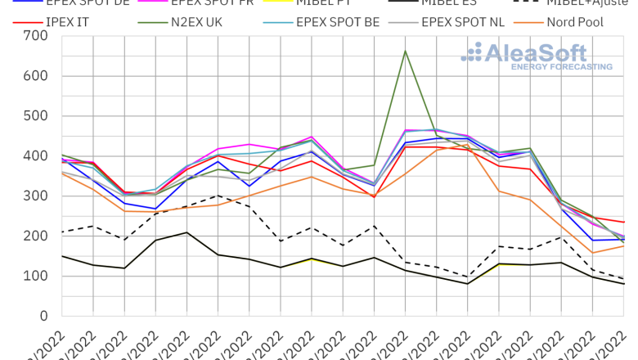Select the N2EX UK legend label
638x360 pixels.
point(199,22)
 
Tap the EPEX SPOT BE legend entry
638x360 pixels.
point(337,22)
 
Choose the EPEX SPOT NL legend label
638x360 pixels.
point(462,22)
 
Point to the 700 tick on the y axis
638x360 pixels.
point(35,36)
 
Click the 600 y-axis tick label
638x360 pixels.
point(35,76)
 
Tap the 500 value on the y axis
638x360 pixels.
point(35,116)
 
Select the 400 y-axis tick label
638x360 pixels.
point(35,156)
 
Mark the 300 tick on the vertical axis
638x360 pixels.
point(35,196)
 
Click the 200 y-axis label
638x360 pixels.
point(35,236)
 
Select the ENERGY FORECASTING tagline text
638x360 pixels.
point(561,67)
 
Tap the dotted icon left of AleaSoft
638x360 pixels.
point(472,54)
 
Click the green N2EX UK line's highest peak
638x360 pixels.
point(405,51)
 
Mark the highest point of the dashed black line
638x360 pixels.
point(218,196)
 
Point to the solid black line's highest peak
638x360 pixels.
point(186,232)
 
